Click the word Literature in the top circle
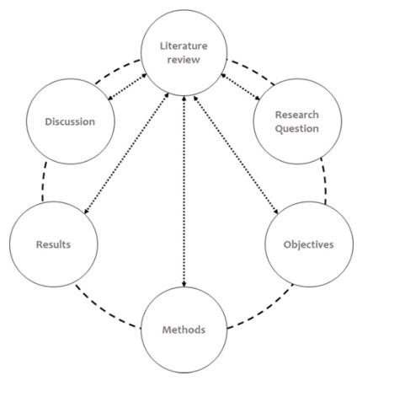184,46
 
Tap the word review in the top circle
184,60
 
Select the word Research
297,115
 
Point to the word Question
297,129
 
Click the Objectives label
308,244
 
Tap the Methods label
184,330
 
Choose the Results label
53,244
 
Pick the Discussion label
70,121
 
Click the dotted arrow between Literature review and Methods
184,191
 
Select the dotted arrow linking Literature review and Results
126,153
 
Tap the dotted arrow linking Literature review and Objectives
236,155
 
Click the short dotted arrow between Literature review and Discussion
127,87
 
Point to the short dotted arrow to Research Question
241,87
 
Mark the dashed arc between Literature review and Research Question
252,70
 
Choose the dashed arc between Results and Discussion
44,181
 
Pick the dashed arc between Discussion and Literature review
115,70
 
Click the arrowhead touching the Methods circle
184,285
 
